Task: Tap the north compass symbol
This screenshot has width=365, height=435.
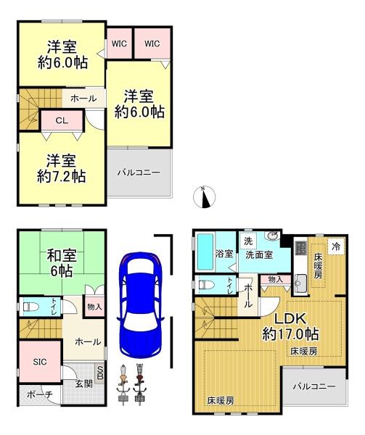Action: pos(204,197)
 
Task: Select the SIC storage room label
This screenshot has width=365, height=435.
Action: pos(40,362)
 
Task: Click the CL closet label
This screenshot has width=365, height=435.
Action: pos(62,120)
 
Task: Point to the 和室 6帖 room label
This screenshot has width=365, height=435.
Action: pos(62,263)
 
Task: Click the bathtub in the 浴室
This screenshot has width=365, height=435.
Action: pos(205,252)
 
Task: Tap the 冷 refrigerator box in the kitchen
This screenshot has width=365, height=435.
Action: pos(336,246)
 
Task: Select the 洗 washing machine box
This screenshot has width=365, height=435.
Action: pos(248,241)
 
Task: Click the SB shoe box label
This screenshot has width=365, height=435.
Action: pos(100,373)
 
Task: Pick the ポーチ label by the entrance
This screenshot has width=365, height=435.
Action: pos(40,394)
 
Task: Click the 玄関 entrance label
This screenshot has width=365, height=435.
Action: pos(84,384)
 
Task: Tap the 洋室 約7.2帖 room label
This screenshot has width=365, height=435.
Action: pos(62,168)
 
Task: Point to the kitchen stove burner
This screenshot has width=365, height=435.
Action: pos(301,248)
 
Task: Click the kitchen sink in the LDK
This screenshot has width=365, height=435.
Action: pos(300,283)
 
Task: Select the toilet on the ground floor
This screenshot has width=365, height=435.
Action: pos(30,307)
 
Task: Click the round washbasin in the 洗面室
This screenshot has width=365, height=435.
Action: pos(271,236)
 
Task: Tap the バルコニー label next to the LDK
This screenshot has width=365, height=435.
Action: pos(314,386)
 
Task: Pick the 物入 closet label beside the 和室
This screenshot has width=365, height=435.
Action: pos(94,307)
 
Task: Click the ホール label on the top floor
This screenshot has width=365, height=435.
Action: pos(83,98)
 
